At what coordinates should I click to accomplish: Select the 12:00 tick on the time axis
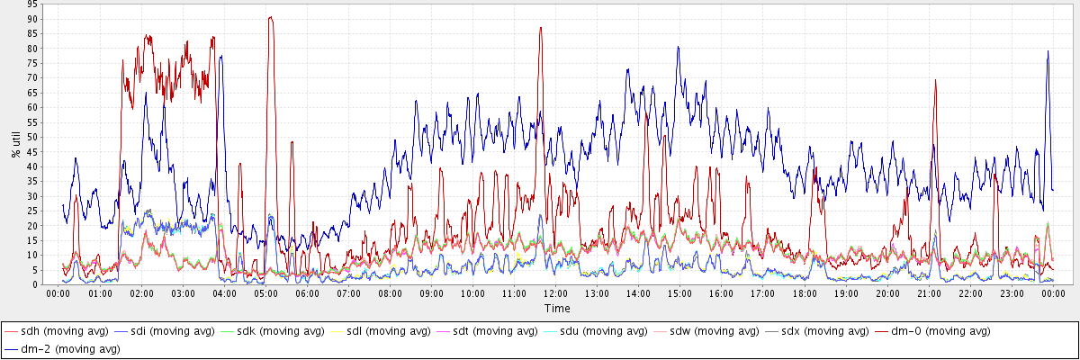[555, 293]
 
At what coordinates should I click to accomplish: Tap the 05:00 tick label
[265, 293]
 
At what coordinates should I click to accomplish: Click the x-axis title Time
[556, 308]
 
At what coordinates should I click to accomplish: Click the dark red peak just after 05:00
[270, 17]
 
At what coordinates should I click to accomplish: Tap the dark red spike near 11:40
[540, 28]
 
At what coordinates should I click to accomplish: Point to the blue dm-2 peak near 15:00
[678, 48]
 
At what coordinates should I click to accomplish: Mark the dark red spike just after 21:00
[935, 80]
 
